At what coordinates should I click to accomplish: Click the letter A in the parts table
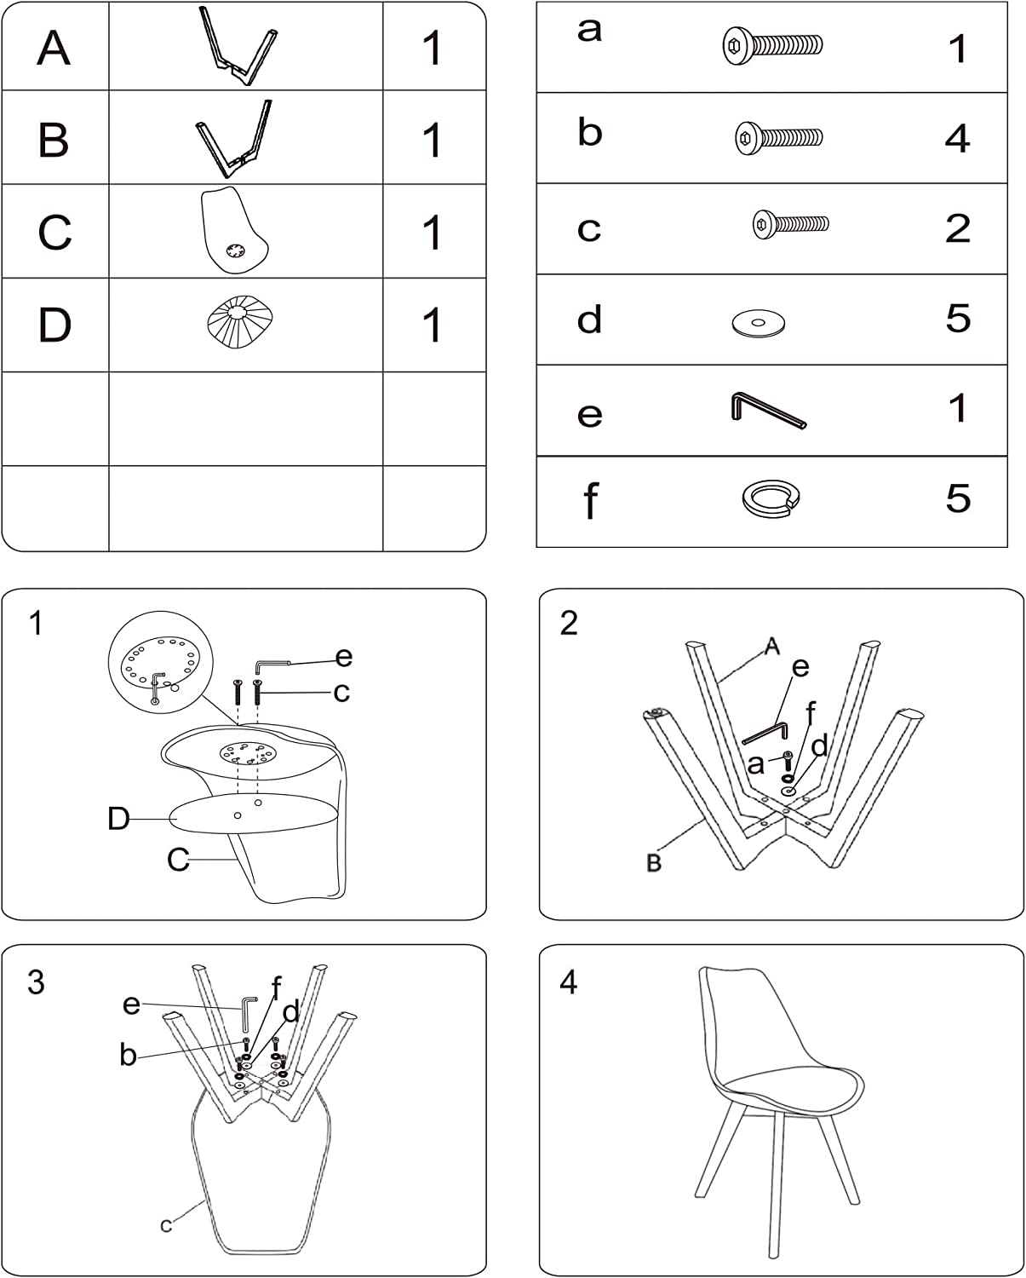(54, 48)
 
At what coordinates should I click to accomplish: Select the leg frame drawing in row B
(234, 139)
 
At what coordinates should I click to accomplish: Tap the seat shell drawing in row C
(234, 230)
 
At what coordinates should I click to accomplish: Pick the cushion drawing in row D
(240, 321)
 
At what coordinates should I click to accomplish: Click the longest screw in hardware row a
(772, 45)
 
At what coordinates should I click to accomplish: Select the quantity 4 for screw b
(957, 138)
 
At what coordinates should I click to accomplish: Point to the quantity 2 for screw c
(958, 228)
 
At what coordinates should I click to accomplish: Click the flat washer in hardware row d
(759, 323)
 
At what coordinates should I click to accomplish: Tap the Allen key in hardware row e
(769, 409)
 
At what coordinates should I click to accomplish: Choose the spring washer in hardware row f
(771, 499)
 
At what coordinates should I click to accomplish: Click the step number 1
(37, 623)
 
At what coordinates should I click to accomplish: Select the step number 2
(569, 623)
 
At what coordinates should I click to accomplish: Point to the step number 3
(37, 982)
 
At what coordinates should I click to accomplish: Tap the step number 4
(569, 982)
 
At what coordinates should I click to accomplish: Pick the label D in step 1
(118, 819)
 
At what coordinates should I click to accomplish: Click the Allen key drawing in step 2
(765, 732)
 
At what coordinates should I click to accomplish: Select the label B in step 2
(653, 863)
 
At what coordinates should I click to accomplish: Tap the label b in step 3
(129, 1054)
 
